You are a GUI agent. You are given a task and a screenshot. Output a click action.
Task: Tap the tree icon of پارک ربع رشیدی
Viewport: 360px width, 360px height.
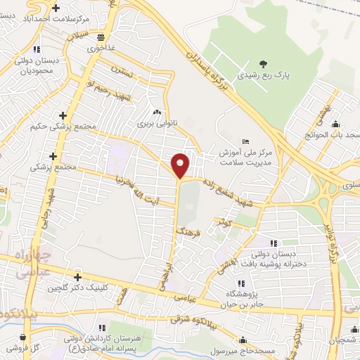(x=264, y=64)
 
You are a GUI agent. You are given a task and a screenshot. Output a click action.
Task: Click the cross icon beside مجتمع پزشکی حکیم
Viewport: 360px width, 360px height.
(x=63, y=115)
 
